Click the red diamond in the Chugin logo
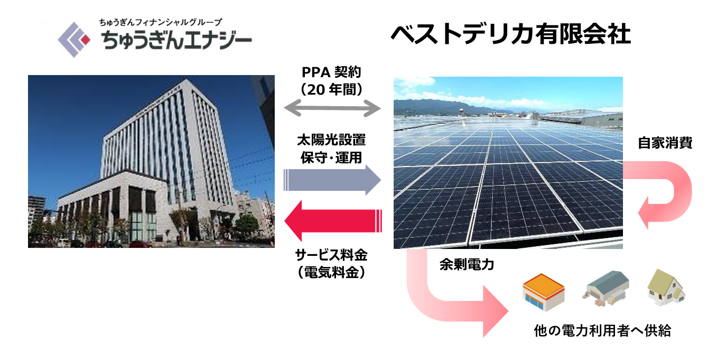[x=85, y=40]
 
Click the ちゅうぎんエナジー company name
[x=176, y=40]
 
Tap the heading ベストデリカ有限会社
[x=511, y=34]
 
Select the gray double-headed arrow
[x=332, y=108]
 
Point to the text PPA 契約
[x=332, y=72]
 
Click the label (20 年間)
[x=332, y=90]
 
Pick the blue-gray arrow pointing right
[x=332, y=180]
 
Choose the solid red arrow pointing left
[x=333, y=220]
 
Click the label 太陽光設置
[x=331, y=140]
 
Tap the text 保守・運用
[x=331, y=158]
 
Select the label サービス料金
[x=331, y=255]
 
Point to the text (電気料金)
[x=331, y=273]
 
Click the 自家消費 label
[x=665, y=143]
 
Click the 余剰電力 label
[x=467, y=264]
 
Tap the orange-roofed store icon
[x=543, y=292]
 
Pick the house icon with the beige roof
[x=666, y=287]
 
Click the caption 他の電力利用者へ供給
[x=602, y=330]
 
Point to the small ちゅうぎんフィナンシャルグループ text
[x=161, y=22]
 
